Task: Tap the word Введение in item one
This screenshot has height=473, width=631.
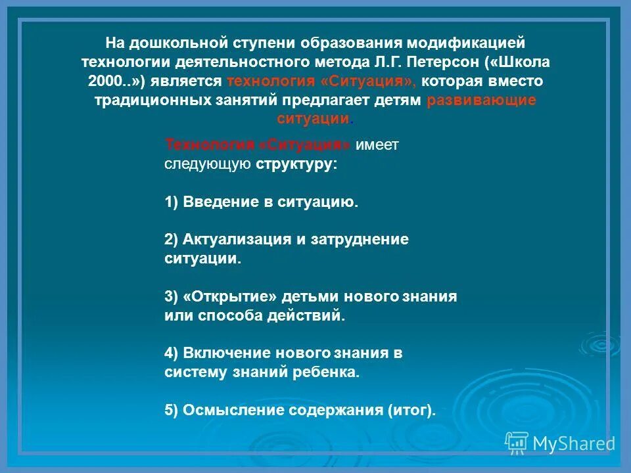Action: coord(221,202)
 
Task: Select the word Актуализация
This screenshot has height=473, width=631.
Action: coord(237,240)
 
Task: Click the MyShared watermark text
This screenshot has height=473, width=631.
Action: coord(573,443)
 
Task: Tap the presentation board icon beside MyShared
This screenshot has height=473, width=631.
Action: coord(516,443)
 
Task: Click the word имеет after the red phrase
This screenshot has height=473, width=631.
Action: coord(377,145)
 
